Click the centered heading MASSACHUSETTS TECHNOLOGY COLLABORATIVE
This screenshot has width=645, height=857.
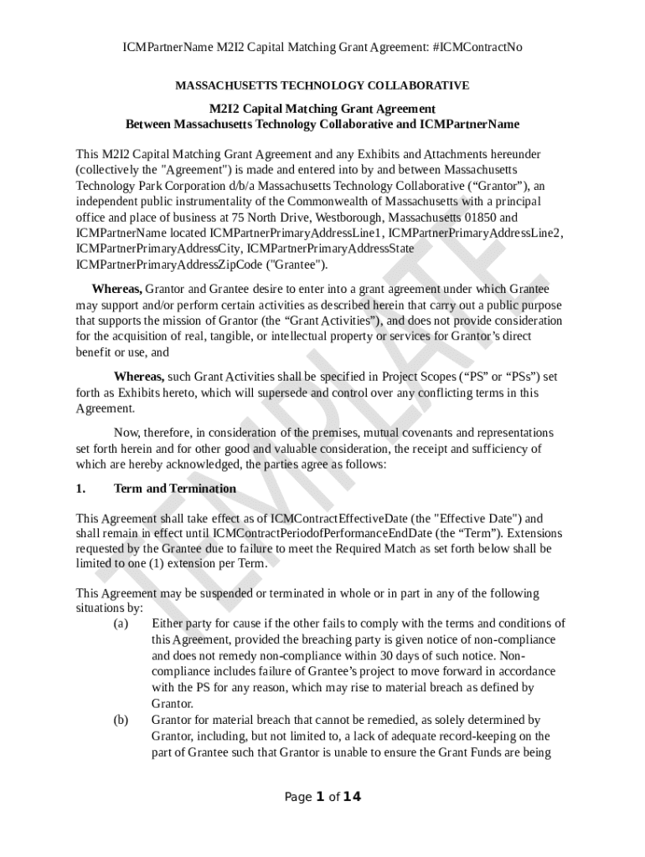[322, 85]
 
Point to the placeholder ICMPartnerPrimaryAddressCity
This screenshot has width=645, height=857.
[159, 249]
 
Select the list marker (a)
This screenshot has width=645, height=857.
[121, 624]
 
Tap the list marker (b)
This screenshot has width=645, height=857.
[121, 720]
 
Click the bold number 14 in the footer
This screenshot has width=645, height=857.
[352, 797]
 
